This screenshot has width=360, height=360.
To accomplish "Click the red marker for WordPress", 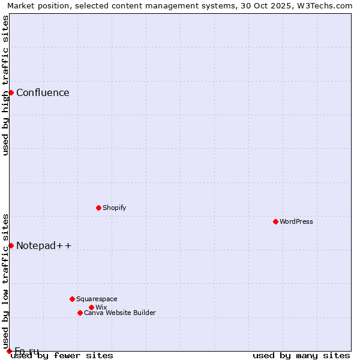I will [275, 221].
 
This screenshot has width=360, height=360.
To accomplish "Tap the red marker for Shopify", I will [98, 208].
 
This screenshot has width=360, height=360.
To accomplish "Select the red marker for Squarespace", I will [72, 299].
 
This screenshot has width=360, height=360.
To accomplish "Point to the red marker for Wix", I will [91, 307].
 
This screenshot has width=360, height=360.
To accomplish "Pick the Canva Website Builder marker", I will [80, 313].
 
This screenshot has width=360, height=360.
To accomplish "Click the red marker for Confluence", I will [11, 92].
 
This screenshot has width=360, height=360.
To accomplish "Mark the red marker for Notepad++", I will [11, 245].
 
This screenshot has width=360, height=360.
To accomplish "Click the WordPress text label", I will [296, 221].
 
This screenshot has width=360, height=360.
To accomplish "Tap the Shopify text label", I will [114, 208].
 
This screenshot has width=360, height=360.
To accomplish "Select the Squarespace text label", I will [97, 299].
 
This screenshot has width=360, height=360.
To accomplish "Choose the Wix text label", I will [101, 307].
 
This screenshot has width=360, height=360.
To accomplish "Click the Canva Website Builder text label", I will [119, 313].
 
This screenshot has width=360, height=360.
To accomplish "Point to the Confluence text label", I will [43, 92].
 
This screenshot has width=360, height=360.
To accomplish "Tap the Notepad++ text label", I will [44, 245].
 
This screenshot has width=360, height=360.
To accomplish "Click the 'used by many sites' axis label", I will [301, 355].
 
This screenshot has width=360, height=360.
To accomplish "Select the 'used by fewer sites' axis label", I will [62, 355].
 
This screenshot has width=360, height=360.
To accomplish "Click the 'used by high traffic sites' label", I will [5, 85].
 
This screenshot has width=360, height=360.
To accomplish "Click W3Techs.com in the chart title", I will [327, 5].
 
